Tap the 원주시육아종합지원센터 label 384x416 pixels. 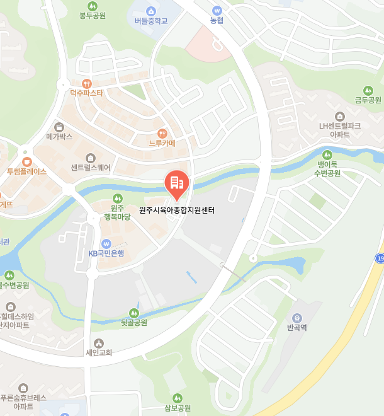click(x=177, y=210)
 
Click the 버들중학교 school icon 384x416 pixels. click(x=151, y=11)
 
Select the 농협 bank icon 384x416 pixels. click(x=217, y=10)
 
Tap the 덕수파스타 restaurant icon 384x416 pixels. click(x=87, y=83)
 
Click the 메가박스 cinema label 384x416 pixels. click(x=60, y=136)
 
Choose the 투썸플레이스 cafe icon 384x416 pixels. click(x=27, y=161)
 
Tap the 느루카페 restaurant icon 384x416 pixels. click(x=162, y=133)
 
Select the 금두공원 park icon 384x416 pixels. click(x=368, y=90)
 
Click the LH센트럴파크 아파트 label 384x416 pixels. click(x=340, y=130)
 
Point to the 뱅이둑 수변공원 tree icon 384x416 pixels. click(x=327, y=154)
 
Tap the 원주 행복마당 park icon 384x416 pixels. click(x=116, y=199)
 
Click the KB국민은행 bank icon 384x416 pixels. click(x=106, y=243)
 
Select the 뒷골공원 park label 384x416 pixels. click(x=133, y=323)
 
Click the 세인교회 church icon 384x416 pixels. click(x=99, y=342)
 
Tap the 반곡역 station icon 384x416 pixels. click(x=296, y=318)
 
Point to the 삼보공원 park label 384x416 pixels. click(x=178, y=408)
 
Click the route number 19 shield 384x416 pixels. click(x=380, y=258)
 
